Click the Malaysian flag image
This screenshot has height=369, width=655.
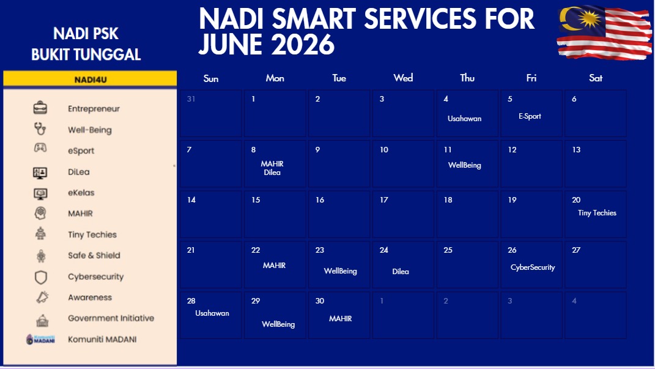[x=604, y=32]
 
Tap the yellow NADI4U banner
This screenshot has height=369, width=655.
[x=90, y=79]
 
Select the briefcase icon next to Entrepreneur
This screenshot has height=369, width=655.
[x=40, y=108]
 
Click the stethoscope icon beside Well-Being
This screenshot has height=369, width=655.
[x=40, y=129]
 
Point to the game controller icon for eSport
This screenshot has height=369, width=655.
[x=40, y=147]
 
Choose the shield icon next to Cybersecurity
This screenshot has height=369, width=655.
[x=40, y=277]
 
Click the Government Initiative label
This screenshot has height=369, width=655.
[x=111, y=318]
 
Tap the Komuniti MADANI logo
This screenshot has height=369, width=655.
[x=40, y=340]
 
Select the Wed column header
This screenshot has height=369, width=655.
[x=403, y=78]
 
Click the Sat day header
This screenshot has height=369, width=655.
[x=596, y=78]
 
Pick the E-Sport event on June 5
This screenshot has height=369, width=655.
[x=530, y=116]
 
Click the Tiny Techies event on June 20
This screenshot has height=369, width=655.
[x=597, y=213]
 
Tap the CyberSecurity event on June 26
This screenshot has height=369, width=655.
[x=533, y=267]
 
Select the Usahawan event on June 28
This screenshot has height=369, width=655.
[x=212, y=313]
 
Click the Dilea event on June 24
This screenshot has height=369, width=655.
[x=400, y=272]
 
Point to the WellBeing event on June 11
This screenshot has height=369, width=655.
[x=465, y=165]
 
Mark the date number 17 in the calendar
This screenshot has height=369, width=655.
[x=384, y=199]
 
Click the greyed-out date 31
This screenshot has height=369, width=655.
[x=191, y=99]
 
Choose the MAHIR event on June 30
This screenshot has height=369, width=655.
[x=341, y=318]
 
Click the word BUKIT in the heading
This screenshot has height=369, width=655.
[x=53, y=54]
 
